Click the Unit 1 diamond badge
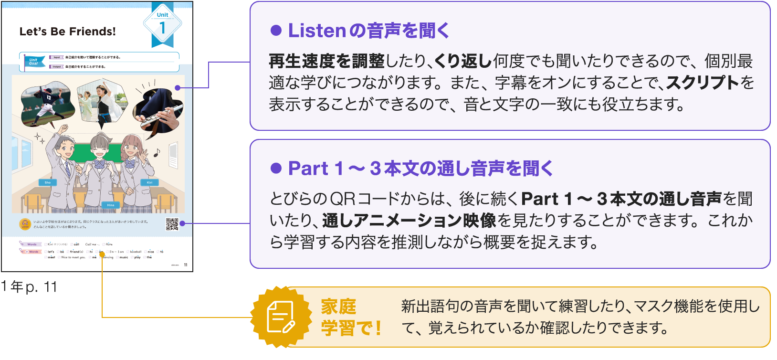pyautogui.click(x=162, y=25)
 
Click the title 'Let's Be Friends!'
pyautogui.click(x=68, y=32)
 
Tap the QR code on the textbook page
pyautogui.click(x=172, y=224)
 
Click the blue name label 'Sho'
pyautogui.click(x=48, y=182)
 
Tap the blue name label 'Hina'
pyautogui.click(x=111, y=205)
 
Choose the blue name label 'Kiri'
pyautogui.click(x=149, y=182)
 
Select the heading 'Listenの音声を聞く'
pyautogui.click(x=368, y=31)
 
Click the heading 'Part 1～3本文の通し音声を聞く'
pyautogui.click(x=420, y=169)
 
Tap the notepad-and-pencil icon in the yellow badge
pyautogui.click(x=281, y=317)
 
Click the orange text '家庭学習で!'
pyautogui.click(x=351, y=317)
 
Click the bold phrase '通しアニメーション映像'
pyautogui.click(x=409, y=220)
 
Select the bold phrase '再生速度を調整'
pyautogui.click(x=326, y=61)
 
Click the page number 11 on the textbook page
pyautogui.click(x=186, y=265)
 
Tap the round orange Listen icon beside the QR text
pyautogui.click(x=25, y=224)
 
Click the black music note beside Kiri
pyautogui.click(x=157, y=153)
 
